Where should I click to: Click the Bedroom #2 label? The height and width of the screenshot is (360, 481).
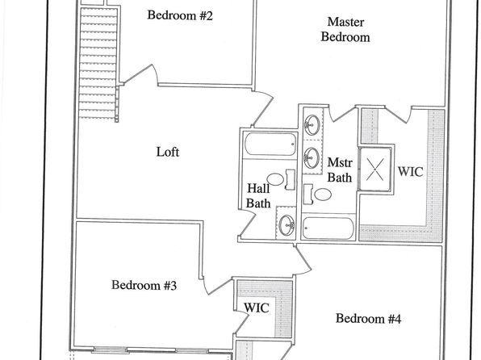pyautogui.click(x=180, y=15)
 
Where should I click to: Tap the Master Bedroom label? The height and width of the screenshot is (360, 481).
pyautogui.click(x=345, y=30)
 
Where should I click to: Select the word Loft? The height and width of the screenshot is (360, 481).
pyautogui.click(x=168, y=152)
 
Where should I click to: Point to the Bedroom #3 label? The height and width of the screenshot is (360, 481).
pyautogui.click(x=144, y=285)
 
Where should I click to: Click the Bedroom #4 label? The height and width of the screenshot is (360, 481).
pyautogui.click(x=368, y=319)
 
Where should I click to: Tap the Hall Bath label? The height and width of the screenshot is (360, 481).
pyautogui.click(x=258, y=196)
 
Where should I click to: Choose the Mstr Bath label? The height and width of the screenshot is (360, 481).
pyautogui.click(x=340, y=170)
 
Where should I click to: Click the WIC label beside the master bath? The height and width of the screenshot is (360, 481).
pyautogui.click(x=410, y=172)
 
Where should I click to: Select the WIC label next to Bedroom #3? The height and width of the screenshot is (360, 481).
pyautogui.click(x=257, y=308)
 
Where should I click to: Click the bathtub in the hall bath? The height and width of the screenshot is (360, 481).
pyautogui.click(x=270, y=144)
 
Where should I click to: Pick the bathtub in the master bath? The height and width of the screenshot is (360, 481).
pyautogui.click(x=328, y=228)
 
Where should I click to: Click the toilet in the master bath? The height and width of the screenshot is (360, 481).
pyautogui.click(x=317, y=195)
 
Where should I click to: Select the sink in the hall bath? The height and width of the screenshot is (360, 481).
pyautogui.click(x=287, y=225)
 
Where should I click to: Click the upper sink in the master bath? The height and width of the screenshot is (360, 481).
pyautogui.click(x=312, y=124)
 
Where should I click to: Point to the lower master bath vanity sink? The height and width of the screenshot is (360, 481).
pyautogui.click(x=312, y=157)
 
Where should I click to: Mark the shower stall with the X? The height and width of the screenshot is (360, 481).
pyautogui.click(x=374, y=170)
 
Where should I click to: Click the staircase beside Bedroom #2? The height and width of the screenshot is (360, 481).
pyautogui.click(x=98, y=63)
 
